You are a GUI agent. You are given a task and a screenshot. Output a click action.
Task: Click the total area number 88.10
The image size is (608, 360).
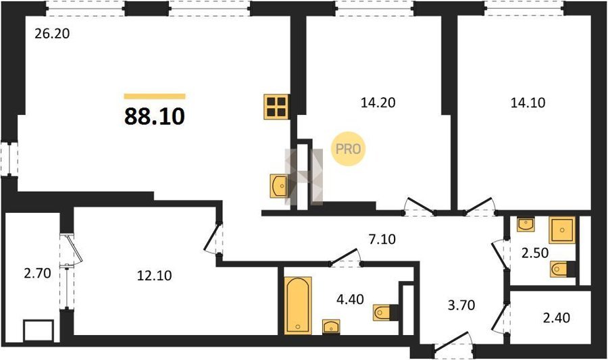pos(154,116)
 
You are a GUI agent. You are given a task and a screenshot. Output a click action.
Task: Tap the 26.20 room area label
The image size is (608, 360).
pos(52,34)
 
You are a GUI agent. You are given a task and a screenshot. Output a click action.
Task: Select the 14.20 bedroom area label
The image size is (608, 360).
pos(378,103)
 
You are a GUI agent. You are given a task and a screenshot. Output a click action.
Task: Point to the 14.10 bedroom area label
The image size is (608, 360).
pos(528,103)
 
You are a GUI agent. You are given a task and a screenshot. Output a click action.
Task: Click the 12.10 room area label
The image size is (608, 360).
pos(154,276)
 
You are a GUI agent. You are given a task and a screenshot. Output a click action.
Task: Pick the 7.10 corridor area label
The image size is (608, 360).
pos(382,239)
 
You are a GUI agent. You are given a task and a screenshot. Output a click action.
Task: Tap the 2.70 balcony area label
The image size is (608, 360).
pos(37,273)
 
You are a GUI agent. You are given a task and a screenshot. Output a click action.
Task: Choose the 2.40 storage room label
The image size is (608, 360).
pos(557,317)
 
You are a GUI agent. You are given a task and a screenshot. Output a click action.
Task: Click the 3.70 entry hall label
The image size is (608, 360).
pos(461,305)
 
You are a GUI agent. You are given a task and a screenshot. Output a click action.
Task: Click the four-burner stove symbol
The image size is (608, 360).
pos(276,107)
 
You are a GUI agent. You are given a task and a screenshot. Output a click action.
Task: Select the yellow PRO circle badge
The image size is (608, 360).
pos(348,149)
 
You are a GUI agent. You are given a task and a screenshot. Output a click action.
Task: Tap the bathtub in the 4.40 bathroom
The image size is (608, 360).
pos(298,305)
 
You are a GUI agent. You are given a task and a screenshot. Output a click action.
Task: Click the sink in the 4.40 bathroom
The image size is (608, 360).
pos(331,327)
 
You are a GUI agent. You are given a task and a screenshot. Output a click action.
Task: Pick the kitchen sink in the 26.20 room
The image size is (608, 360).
pos(278,186)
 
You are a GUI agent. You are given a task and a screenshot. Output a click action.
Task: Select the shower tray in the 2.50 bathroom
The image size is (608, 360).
pos(562,230)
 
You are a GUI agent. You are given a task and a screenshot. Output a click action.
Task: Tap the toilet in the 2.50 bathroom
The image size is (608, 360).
pos(562,269)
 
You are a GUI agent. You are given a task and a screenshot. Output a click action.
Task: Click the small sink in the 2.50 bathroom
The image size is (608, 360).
pos(526,225)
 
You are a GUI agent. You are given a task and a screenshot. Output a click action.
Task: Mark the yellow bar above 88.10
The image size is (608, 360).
pos(154,97)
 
